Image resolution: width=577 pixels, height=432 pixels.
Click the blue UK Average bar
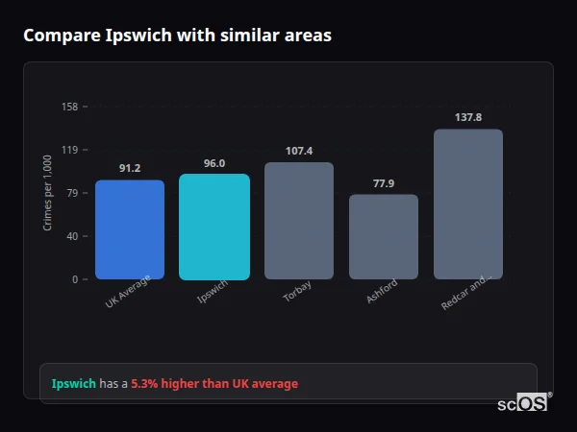pyautogui.click(x=130, y=229)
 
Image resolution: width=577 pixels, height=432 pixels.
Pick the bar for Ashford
pyautogui.click(x=384, y=237)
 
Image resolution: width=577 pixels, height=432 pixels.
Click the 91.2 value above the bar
pyautogui.click(x=130, y=168)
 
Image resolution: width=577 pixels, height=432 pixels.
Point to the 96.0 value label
pyautogui.click(x=214, y=163)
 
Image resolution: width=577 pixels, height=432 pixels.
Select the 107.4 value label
pyautogui.click(x=299, y=151)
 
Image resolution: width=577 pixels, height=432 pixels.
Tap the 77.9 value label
pyautogui.click(x=384, y=183)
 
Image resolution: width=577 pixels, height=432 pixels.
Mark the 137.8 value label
pyautogui.click(x=468, y=117)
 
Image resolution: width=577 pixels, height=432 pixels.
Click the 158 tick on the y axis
pyautogui.click(x=69, y=107)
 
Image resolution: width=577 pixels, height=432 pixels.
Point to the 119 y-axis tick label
pyautogui.click(x=69, y=150)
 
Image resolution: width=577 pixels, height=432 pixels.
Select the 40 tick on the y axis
pyautogui.click(x=72, y=236)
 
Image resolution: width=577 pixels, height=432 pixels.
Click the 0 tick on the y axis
pyautogui.click(x=75, y=279)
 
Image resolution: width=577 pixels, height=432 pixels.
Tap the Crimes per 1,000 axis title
pyautogui.click(x=48, y=193)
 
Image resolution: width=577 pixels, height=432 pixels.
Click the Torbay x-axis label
pyautogui.click(x=297, y=292)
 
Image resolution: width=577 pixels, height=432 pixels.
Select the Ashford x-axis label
pyautogui.click(x=381, y=293)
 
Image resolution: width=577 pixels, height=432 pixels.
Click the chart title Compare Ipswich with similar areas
pyautogui.click(x=178, y=36)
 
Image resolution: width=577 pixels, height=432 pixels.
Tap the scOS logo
pyautogui.click(x=523, y=403)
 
